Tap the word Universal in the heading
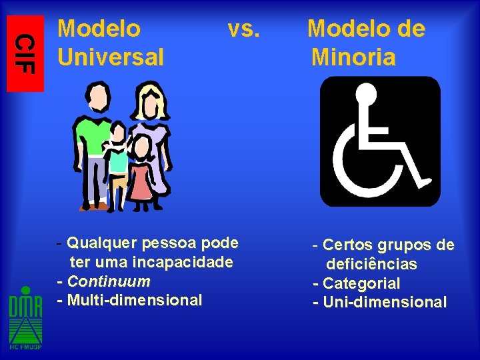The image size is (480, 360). tap(111, 57)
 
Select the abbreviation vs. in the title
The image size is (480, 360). tap(243, 29)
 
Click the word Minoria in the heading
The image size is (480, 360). tap(353, 57)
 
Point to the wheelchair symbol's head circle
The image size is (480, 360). tap(365, 97)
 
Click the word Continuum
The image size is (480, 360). tap(109, 281)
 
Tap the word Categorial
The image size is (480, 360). tap(361, 283)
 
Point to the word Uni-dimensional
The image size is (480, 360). tap(384, 302)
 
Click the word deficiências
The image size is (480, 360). tap(371, 265)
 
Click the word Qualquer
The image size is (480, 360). tap(99, 241)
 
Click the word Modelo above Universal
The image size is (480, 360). tap(99, 29)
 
